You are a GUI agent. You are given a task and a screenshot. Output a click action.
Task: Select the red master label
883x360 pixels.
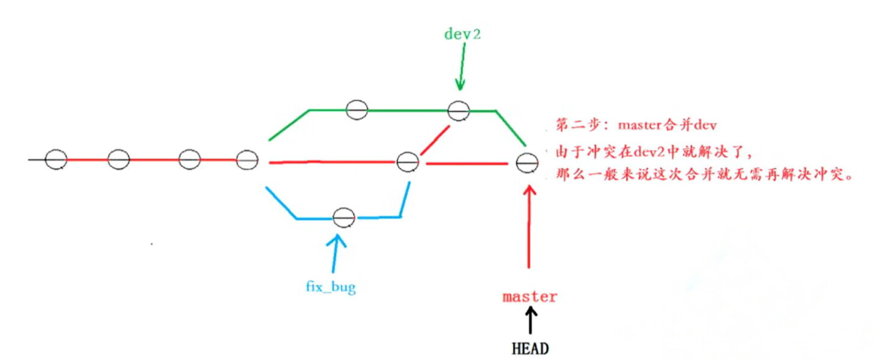[x=530, y=296]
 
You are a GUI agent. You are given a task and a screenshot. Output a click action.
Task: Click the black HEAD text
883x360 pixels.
[x=530, y=349]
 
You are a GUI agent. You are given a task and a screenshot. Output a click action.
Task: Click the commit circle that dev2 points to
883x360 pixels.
[x=458, y=111]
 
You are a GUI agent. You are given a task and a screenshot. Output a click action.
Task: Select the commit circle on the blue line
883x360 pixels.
[x=343, y=218]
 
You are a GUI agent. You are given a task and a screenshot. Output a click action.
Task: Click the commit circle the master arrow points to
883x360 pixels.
[x=526, y=161]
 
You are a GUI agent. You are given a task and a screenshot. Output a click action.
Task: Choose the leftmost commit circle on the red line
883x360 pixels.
[x=55, y=160]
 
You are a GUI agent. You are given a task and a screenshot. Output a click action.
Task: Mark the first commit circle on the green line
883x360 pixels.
[x=357, y=109]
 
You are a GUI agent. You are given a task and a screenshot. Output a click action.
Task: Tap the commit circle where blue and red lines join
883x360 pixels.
[x=408, y=161]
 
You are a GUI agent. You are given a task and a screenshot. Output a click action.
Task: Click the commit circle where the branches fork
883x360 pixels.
[x=247, y=160]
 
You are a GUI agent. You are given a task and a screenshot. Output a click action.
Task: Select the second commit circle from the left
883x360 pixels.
[x=118, y=160]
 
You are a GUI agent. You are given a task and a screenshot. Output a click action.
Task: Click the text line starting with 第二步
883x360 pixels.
[x=636, y=124]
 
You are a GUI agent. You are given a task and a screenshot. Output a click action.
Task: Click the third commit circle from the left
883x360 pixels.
[x=189, y=160]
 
